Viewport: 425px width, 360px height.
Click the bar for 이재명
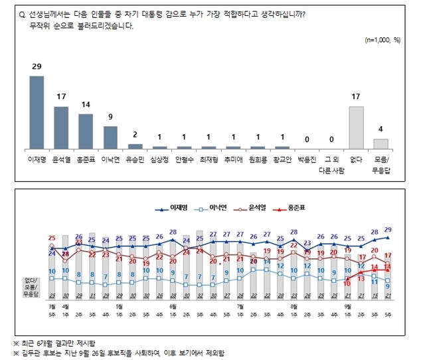coord(37,112)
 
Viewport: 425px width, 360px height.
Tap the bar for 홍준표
coord(86,131)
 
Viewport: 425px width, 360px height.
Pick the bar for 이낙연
coord(110,137)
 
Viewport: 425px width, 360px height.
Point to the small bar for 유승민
coord(135,145)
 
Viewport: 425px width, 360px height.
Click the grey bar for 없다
coord(357,128)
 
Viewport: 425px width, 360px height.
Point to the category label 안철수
coord(184,161)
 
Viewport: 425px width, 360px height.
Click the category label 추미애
coord(233,161)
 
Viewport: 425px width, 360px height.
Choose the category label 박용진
coord(307,161)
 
